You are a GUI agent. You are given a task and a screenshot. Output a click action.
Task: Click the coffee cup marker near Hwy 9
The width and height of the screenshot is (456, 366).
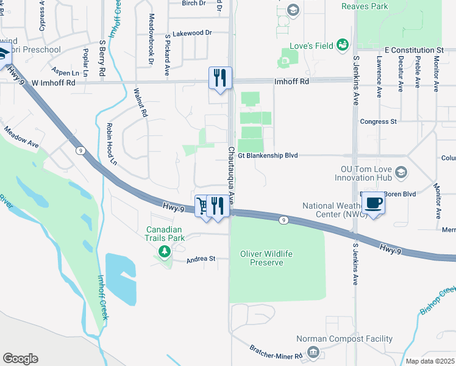click(374, 203)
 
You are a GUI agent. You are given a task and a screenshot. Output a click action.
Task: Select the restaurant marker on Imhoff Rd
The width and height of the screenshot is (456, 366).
click(220, 77)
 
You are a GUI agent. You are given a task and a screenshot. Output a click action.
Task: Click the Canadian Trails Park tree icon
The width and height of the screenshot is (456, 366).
click(163, 251)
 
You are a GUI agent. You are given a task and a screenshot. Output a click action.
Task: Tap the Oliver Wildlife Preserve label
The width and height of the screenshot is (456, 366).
click(262, 258)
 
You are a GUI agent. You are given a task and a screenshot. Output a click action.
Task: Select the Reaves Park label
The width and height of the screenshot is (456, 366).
click(382, 6)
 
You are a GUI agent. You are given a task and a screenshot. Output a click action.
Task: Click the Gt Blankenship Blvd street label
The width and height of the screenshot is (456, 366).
click(268, 156)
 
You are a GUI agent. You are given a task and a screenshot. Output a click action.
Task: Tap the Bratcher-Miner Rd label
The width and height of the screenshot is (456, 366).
click(276, 352)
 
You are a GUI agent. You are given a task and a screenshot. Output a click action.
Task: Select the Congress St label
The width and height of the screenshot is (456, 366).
click(378, 121)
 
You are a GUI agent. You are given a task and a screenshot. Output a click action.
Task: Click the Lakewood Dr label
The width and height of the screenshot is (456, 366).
click(192, 33)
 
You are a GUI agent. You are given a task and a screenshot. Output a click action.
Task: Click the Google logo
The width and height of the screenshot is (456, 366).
click(20, 359)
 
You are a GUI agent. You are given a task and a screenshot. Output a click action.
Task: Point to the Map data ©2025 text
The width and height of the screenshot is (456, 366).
click(430, 361)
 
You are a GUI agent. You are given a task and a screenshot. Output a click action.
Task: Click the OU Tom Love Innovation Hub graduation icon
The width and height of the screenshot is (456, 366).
click(401, 173)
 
